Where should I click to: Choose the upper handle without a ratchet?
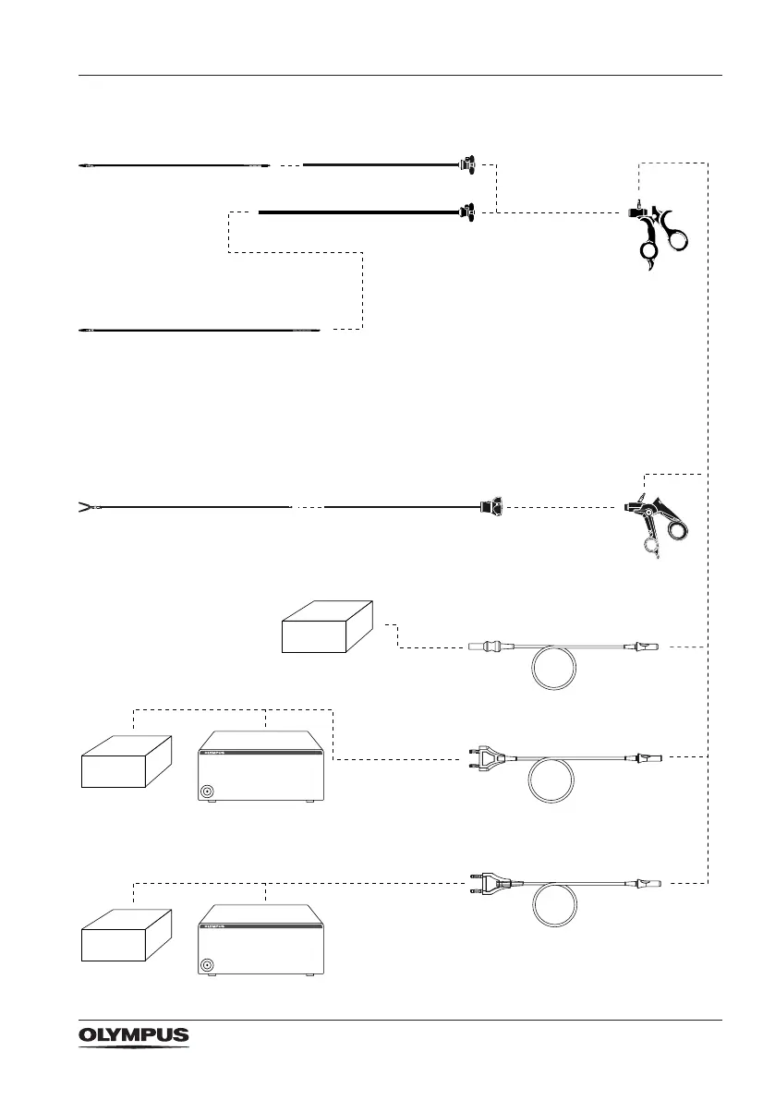click(659, 236)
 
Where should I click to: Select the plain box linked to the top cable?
click(327, 628)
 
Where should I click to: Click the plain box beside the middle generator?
click(127, 761)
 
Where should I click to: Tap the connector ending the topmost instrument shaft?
click(465, 165)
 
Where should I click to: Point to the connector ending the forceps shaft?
click(490, 506)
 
